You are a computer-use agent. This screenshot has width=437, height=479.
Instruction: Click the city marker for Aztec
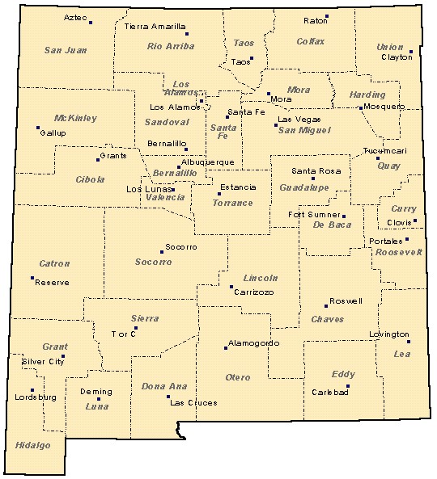[91, 23]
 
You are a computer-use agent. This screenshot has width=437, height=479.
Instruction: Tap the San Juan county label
[65, 50]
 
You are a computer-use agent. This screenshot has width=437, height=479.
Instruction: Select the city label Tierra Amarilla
[155, 26]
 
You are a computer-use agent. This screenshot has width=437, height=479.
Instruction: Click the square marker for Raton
[327, 17]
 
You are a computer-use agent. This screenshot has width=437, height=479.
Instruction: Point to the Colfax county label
[310, 41]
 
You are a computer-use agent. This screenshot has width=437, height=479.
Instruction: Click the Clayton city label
[397, 58]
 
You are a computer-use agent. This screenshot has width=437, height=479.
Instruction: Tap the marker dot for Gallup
[38, 127]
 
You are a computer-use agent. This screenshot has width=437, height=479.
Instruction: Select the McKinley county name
[75, 118]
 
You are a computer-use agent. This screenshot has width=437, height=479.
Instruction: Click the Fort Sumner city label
[314, 214]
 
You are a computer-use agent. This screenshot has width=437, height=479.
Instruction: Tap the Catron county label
[54, 263]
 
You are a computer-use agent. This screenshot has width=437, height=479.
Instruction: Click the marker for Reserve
[32, 279]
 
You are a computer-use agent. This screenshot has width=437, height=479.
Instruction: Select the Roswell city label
[346, 300]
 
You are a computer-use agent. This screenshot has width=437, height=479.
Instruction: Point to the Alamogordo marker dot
[226, 348]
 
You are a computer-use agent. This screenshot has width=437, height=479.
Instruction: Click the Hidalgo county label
[32, 445]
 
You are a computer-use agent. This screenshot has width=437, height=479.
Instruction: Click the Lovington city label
[389, 334]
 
